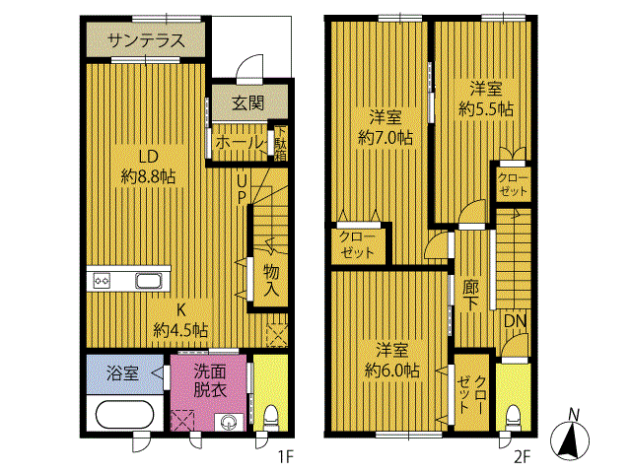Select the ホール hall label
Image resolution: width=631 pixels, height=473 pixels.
click(238, 143)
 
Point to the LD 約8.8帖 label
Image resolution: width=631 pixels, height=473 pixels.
click(149, 167)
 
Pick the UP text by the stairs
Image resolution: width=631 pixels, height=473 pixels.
click(241, 188)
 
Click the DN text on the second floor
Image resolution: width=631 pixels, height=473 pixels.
click(515, 321)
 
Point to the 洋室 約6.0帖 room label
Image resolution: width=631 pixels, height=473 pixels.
click(391, 360)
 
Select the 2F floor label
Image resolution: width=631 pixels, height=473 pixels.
click(522, 455)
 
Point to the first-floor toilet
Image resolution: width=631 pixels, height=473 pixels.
click(271, 414)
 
